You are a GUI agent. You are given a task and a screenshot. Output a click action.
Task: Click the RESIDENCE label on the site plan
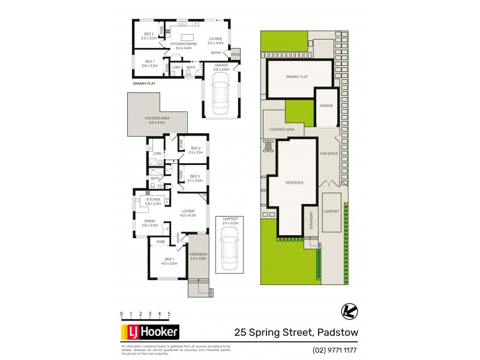coord(294,182)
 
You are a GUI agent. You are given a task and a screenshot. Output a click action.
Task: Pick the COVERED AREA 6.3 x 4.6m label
coord(157,120)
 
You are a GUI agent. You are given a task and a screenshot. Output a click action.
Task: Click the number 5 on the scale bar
coord(169,314)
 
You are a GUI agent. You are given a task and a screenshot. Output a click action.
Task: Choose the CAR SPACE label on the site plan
coord(329,154)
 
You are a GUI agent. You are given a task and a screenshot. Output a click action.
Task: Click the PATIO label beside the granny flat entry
coord(235,55)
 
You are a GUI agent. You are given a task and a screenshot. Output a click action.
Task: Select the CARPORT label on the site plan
coord(331,211)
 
